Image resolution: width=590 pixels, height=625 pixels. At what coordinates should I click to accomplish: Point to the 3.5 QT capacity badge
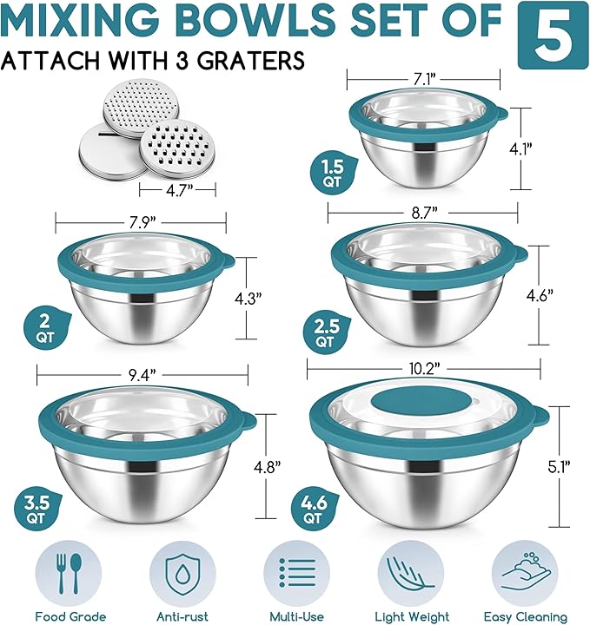pyautogui.click(x=36, y=509)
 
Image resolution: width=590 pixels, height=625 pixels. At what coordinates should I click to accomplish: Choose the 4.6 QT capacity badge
pyautogui.click(x=315, y=509)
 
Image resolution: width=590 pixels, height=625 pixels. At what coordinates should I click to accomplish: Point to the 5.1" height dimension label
pyautogui.click(x=559, y=466)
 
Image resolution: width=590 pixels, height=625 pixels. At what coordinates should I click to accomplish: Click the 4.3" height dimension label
pyautogui.click(x=248, y=298)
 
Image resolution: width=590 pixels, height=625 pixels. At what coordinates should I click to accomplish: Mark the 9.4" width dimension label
pyautogui.click(x=142, y=375)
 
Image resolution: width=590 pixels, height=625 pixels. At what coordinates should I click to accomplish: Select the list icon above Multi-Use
pyautogui.click(x=297, y=573)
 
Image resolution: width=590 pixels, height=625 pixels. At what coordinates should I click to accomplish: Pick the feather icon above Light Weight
pyautogui.click(x=410, y=573)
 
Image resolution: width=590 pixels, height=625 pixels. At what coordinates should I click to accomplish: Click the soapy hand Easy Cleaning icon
pyautogui.click(x=526, y=571)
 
